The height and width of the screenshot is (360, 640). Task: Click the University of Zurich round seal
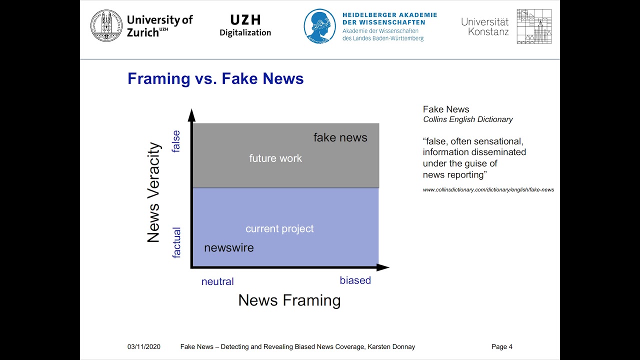106,26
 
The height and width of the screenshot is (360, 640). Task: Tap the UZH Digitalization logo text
245,26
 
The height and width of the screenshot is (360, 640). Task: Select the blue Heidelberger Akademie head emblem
320,26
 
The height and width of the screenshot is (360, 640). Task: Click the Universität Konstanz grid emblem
534,26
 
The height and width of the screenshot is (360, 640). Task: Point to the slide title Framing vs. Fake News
215,79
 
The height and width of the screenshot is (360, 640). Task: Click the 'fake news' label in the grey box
340,137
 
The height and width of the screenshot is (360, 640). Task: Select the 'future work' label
275,158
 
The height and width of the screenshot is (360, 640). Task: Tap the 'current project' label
279,228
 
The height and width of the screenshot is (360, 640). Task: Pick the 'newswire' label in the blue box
229,248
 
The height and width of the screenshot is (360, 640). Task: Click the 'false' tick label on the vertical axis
176,141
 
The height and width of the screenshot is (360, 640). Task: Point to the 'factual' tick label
176,242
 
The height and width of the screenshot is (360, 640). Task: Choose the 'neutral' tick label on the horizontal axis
217,281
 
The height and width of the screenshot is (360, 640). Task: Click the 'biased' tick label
355,280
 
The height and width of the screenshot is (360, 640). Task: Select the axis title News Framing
289,300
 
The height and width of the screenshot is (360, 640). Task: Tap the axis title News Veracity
153,193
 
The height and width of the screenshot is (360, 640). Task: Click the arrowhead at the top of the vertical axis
191,115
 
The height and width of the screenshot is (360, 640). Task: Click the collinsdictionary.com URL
488,190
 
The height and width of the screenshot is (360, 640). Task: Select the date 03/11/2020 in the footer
144,347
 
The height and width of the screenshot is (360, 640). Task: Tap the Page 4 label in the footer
501,347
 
